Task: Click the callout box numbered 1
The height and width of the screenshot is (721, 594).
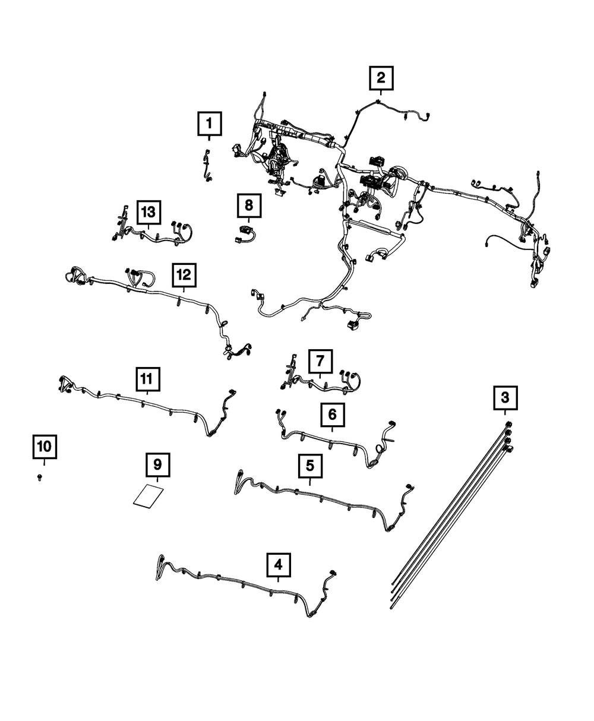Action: pyautogui.click(x=208, y=124)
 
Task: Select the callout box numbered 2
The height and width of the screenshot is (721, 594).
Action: pyautogui.click(x=381, y=77)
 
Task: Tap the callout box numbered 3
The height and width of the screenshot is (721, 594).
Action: pyautogui.click(x=505, y=397)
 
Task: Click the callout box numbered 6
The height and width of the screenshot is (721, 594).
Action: pyautogui.click(x=332, y=415)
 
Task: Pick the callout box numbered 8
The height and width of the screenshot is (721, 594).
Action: pyautogui.click(x=248, y=205)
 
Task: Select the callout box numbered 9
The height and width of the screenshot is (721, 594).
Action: pyautogui.click(x=157, y=465)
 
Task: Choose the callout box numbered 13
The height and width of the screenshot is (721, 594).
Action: pyautogui.click(x=148, y=211)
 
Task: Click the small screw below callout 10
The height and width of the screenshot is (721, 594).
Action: pyautogui.click(x=39, y=477)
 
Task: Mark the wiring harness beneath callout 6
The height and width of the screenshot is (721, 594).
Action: pyautogui.click(x=333, y=442)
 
